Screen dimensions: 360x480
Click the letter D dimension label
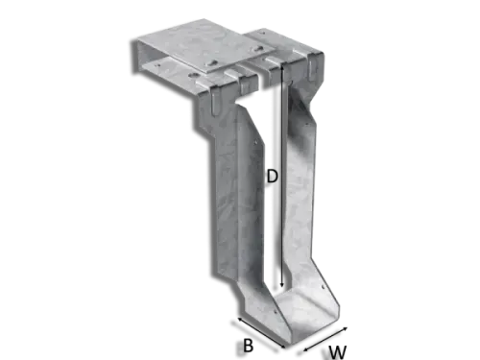pyautogui.click(x=273, y=177)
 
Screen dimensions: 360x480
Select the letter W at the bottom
pyautogui.click(x=338, y=351)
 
